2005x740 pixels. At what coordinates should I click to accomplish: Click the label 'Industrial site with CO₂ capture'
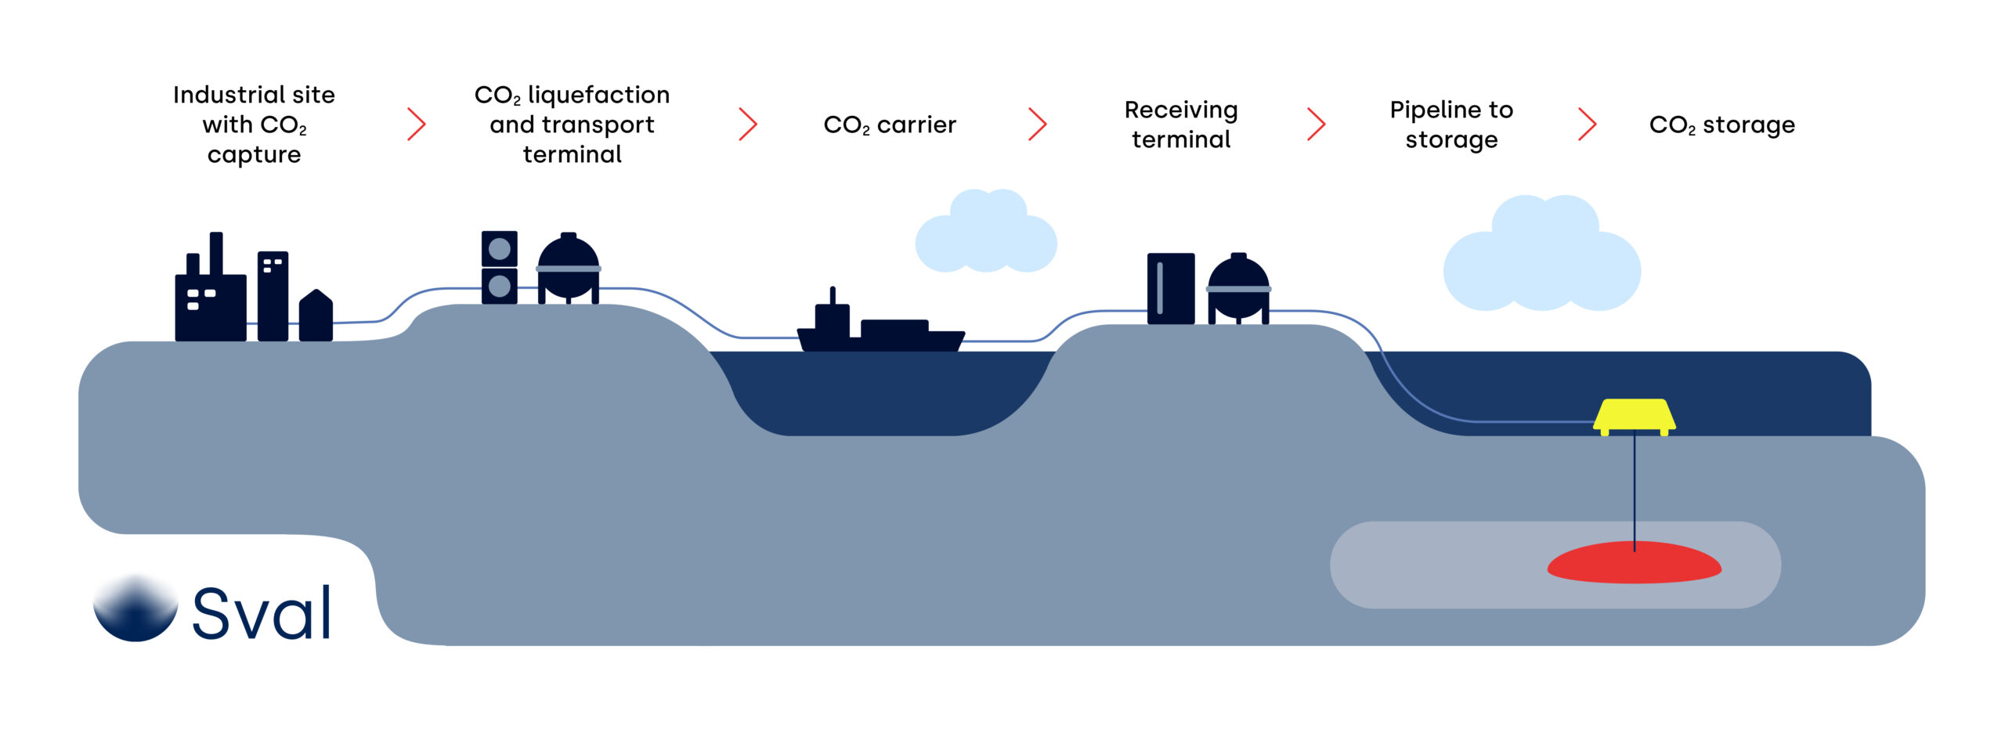tap(254, 125)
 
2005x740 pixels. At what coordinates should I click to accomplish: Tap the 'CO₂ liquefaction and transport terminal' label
tap(572, 125)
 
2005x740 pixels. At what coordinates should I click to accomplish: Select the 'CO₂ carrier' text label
tap(890, 125)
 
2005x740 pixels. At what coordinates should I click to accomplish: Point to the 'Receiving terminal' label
tap(1181, 125)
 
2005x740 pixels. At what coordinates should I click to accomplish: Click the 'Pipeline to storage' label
tap(1451, 125)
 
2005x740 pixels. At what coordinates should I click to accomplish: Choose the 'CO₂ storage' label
tap(1721, 125)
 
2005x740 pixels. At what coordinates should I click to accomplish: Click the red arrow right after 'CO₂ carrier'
tap(1038, 125)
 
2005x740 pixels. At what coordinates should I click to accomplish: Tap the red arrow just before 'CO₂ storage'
tap(1588, 125)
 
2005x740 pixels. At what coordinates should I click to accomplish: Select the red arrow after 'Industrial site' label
tap(417, 125)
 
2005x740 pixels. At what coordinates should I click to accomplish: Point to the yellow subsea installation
tap(1635, 416)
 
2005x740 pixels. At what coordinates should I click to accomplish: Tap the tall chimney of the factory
tap(216, 254)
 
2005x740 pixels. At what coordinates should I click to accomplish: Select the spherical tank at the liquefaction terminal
tap(569, 266)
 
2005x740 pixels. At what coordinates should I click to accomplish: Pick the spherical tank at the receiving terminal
tap(1238, 287)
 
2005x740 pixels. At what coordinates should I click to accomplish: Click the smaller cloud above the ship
tap(987, 233)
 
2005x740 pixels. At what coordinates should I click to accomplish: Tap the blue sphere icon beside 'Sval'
tap(135, 609)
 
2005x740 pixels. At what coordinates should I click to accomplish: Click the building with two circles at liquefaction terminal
tap(499, 268)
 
